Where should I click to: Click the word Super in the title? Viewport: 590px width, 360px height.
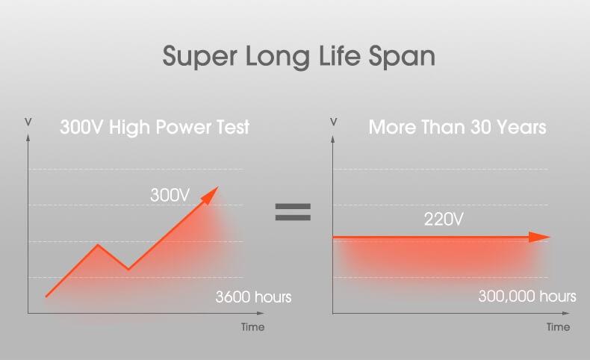coord(200,57)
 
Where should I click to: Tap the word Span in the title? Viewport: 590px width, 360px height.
coord(402,57)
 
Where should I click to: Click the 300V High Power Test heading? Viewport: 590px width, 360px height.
coord(155,127)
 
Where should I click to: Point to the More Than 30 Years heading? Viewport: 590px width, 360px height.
coord(457,127)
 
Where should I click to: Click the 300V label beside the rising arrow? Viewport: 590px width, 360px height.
coord(170,195)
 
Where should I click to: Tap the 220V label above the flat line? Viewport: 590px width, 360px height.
coord(444,220)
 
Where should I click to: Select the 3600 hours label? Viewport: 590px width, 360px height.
coord(253,297)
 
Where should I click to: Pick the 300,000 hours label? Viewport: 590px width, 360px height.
coord(527,296)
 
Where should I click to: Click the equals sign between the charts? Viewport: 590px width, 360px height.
coord(293,212)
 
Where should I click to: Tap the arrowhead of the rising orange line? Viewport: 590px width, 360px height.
coord(211,194)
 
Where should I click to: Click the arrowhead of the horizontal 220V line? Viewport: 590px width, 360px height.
coord(539,237)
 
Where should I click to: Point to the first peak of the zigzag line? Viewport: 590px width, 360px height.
coord(98,245)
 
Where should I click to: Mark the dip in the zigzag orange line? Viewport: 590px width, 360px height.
coord(128,269)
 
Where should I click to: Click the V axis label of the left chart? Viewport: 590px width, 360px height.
coord(28,122)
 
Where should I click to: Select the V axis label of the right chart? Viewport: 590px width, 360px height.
coord(333,122)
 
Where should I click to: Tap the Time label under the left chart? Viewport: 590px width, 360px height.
coord(253,327)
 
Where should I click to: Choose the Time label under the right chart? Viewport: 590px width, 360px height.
coord(558,327)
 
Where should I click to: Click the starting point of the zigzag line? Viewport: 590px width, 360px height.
coord(46,297)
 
